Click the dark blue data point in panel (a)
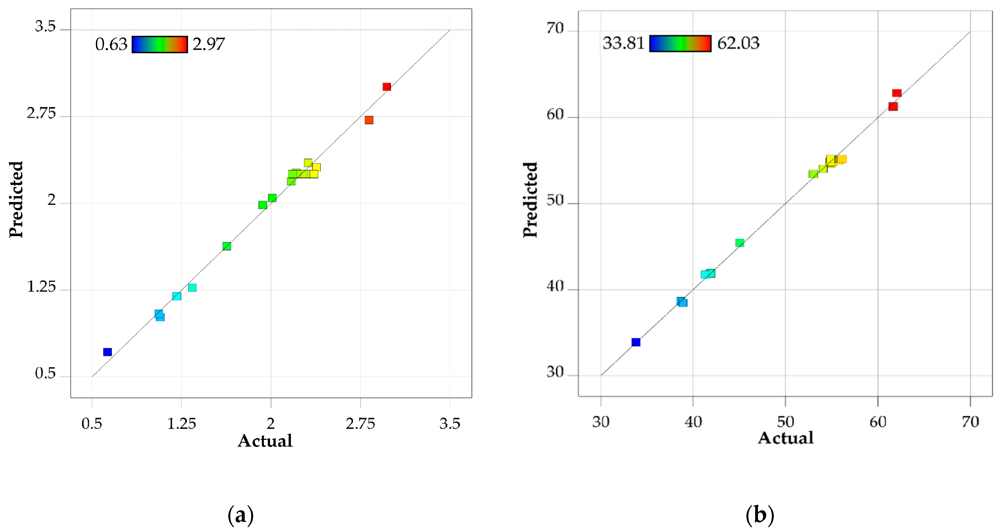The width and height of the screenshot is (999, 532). coord(107,352)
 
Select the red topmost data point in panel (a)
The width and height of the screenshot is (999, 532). coord(387,87)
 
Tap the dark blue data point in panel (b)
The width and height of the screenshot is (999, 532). coord(636,342)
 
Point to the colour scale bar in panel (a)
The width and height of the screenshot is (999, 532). coord(160,45)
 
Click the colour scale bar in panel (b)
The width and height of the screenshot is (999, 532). coord(680,43)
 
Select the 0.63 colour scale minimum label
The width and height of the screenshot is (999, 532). coord(111,45)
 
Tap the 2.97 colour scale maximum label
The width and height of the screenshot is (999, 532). coord(209,44)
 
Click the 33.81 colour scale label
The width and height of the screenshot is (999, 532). coord(623,43)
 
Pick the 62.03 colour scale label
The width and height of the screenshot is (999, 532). coord(738,43)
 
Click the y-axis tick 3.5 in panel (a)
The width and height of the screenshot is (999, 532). coord(45,27)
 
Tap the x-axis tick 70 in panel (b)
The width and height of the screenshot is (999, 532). coord(970,422)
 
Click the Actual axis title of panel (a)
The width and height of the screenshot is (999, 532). coord(265,441)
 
